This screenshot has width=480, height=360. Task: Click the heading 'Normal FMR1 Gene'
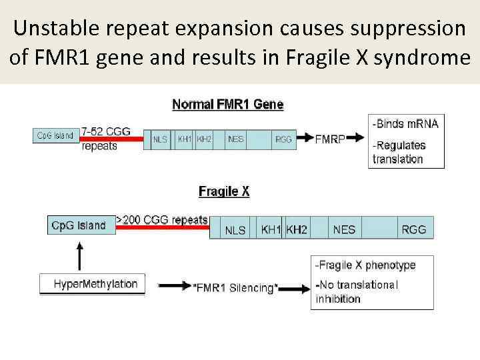227,105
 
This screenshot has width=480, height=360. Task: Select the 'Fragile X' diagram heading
224,191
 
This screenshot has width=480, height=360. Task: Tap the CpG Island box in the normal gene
55,135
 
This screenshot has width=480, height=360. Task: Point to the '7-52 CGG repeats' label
105,139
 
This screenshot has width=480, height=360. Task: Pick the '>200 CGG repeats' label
162,219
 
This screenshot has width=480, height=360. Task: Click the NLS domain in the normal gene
160,139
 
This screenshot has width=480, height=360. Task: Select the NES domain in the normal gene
235,139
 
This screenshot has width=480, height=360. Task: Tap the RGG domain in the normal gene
283,139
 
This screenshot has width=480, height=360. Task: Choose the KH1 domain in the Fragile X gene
271,229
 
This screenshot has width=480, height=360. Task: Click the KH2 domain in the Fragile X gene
297,229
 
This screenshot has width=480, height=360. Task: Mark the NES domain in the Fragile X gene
344,229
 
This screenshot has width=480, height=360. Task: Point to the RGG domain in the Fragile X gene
413,229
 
